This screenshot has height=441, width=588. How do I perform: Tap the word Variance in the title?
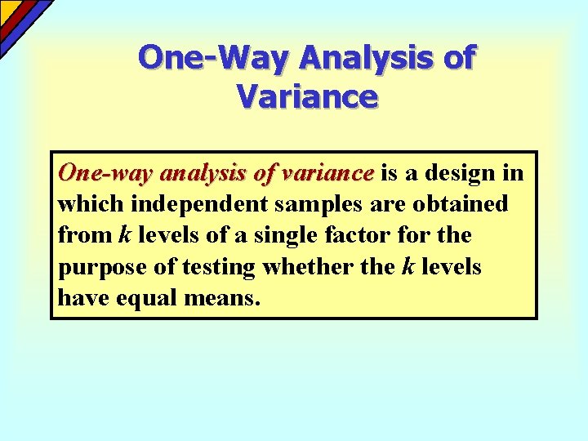pyautogui.click(x=307, y=96)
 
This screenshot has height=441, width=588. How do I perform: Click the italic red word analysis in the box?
pyautogui.click(x=205, y=173)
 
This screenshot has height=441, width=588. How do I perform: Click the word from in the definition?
pyautogui.click(x=85, y=235)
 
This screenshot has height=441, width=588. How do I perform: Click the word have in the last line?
pyautogui.click(x=81, y=297)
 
